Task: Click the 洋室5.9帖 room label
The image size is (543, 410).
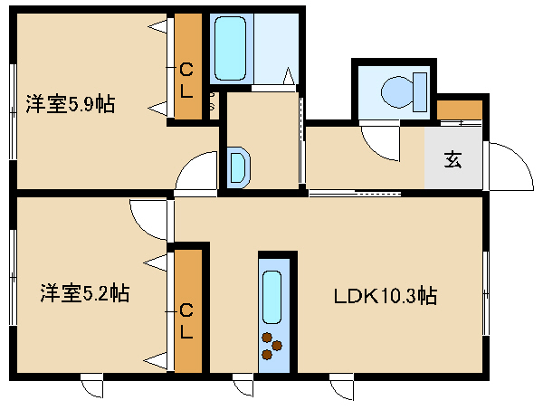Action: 71,103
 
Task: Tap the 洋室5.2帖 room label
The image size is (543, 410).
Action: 85,293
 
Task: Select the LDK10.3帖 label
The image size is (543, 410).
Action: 386,296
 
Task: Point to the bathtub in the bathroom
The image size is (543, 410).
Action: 230,49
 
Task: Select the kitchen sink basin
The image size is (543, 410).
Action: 271,297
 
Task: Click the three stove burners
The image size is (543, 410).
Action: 271,346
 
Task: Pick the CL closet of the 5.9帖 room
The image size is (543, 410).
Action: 188,66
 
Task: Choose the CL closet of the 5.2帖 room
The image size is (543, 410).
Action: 188,311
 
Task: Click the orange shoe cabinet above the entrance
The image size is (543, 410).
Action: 460,110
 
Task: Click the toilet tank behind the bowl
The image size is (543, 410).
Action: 420,92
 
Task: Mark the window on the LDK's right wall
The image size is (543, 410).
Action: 486,293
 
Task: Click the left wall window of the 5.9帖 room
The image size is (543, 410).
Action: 13,112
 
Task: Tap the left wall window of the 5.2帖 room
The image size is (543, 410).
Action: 13,277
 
